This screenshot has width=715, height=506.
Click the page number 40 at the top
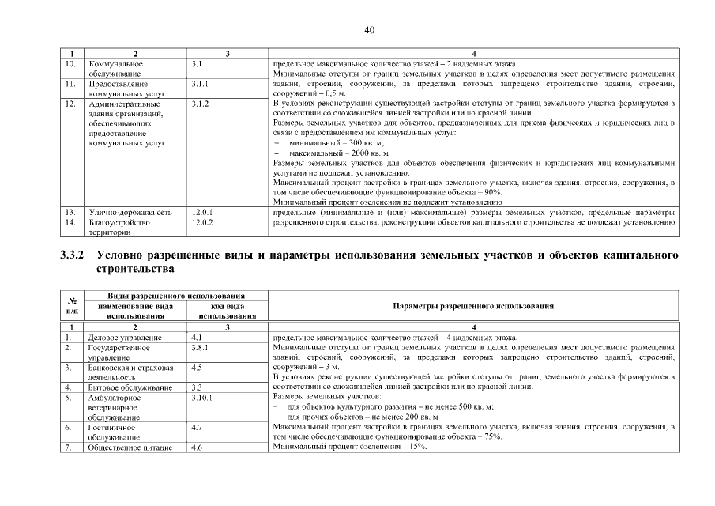coord(369,30)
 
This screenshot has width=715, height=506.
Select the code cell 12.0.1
coord(204,213)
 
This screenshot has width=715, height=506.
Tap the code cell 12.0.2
coord(204,223)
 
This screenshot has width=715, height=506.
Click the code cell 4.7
coord(198,427)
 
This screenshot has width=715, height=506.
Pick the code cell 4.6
coord(198,447)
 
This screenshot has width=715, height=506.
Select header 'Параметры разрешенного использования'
coord(472,305)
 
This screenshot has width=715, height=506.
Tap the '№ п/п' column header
coord(72,305)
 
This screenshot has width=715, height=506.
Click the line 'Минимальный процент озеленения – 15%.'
coord(349,447)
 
